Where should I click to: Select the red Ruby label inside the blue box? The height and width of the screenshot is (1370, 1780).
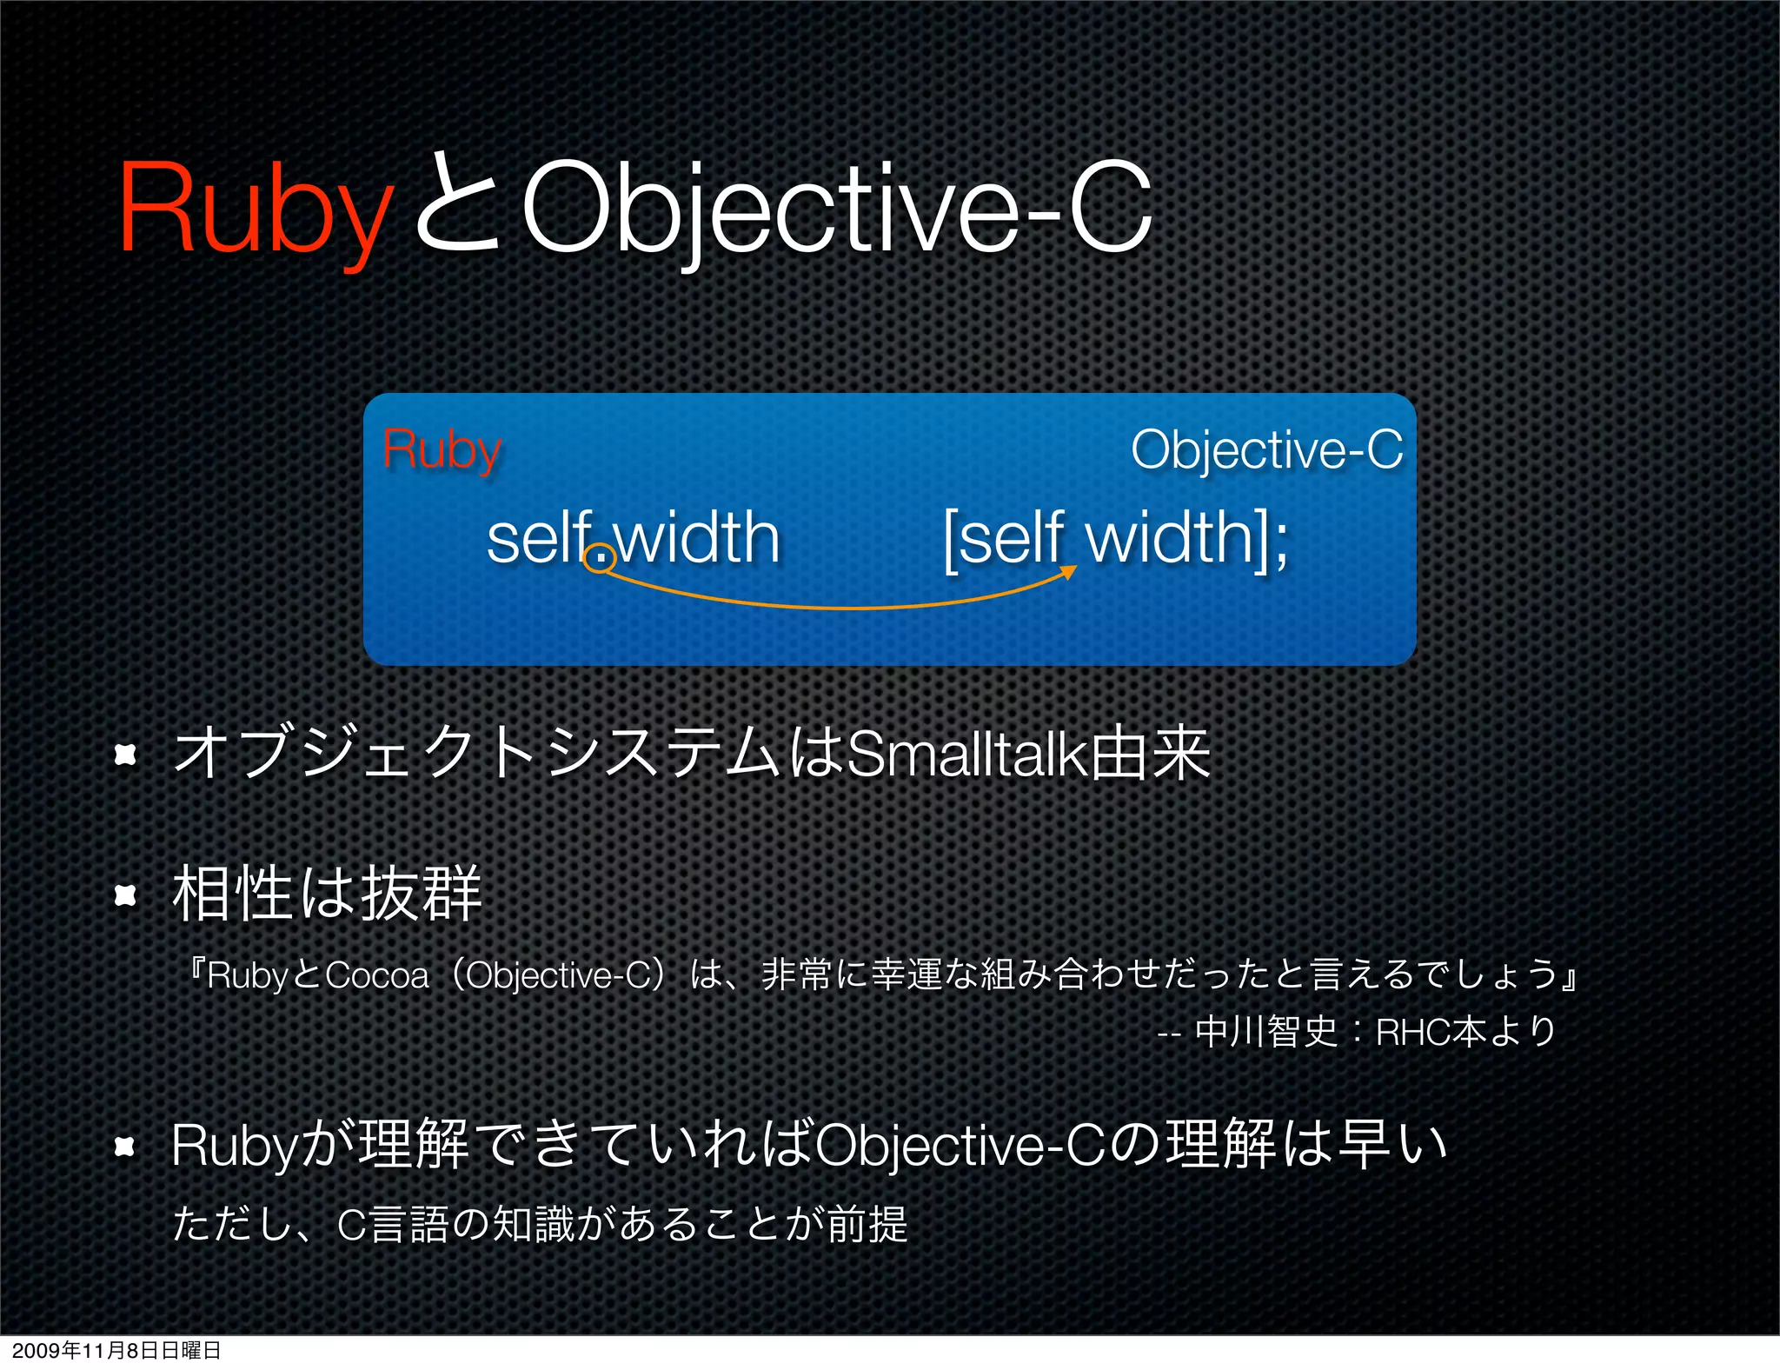click(x=442, y=450)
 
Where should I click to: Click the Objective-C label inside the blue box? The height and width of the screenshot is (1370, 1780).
click(x=1266, y=450)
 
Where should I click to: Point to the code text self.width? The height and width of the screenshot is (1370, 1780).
click(x=633, y=539)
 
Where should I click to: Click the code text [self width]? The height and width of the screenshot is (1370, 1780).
click(x=1116, y=539)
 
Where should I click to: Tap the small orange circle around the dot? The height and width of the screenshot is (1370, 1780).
click(x=600, y=556)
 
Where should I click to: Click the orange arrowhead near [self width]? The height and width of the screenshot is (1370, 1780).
click(x=1070, y=571)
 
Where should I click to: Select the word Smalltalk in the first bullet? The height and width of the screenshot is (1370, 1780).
click(x=966, y=755)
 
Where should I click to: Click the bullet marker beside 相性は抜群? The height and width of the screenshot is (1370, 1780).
click(x=126, y=894)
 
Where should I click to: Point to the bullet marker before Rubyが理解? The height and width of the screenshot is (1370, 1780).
click(x=126, y=1147)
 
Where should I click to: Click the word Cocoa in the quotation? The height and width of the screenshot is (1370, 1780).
click(x=377, y=976)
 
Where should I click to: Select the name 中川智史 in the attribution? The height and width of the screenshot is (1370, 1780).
click(x=1266, y=1032)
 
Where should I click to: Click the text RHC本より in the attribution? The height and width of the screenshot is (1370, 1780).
click(x=1466, y=1032)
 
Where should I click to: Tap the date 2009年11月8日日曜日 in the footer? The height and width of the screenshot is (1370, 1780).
click(x=116, y=1350)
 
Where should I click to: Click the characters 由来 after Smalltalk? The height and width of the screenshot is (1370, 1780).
click(x=1151, y=755)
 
